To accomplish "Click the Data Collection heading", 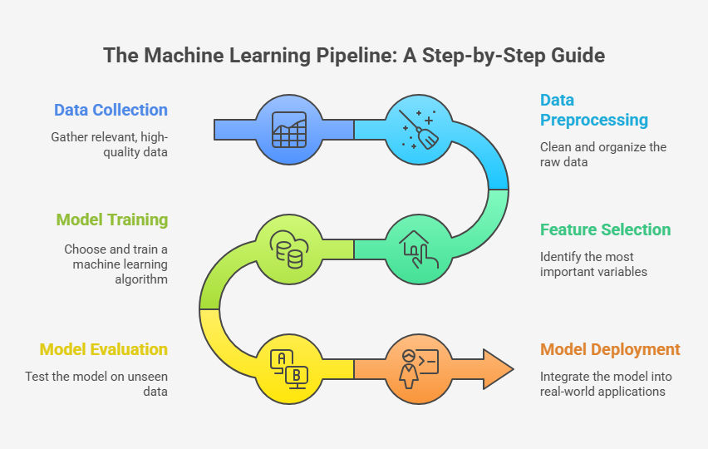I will tap(111, 110).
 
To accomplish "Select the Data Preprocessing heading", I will tap(593, 110).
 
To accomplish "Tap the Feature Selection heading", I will tap(605, 229).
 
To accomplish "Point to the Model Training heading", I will tap(111, 220).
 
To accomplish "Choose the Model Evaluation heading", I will tap(104, 349).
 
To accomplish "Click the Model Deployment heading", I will tap(610, 349).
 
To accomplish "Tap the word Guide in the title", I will tap(580, 56).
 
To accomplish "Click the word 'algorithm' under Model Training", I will tap(142, 279).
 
